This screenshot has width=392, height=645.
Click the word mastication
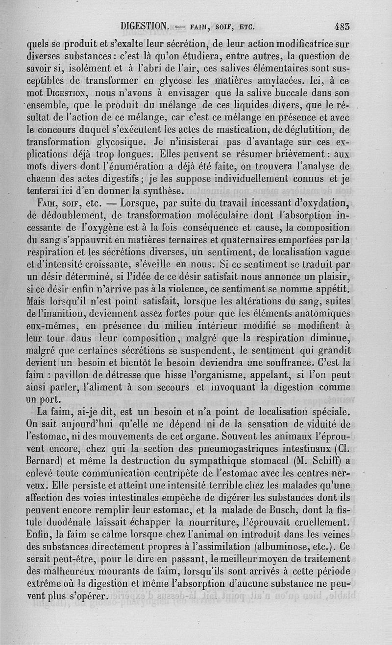click(242, 130)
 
